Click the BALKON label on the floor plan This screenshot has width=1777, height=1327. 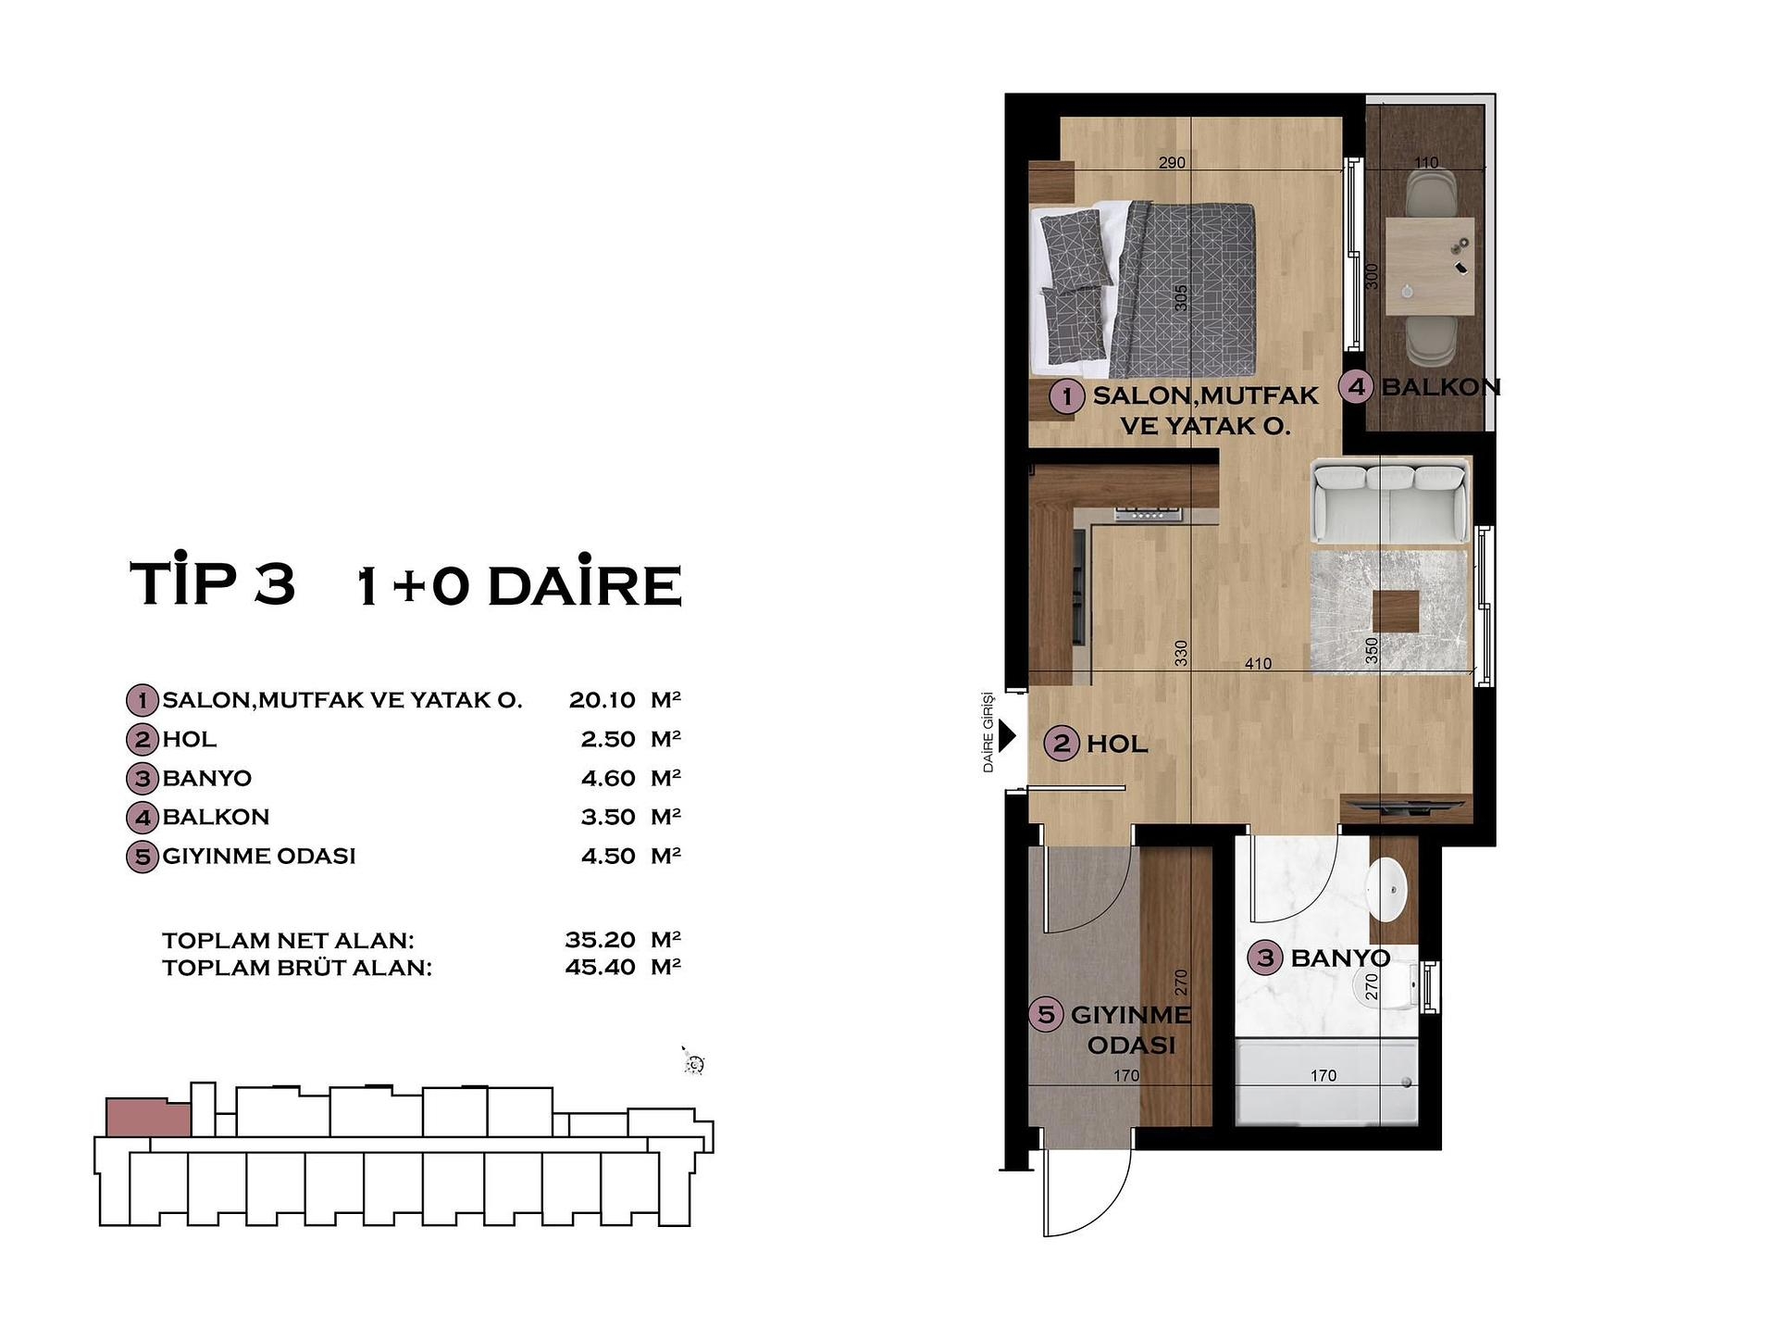(1439, 387)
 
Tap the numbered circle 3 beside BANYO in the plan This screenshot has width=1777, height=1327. (1265, 958)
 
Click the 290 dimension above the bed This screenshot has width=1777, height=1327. (1172, 163)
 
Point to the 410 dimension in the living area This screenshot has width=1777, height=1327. (1258, 664)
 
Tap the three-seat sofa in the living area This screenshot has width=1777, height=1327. (1389, 501)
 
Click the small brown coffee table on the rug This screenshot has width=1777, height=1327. (1395, 611)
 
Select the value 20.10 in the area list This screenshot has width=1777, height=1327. (603, 700)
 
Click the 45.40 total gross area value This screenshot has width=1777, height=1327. (600, 967)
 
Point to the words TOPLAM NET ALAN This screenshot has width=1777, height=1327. (288, 940)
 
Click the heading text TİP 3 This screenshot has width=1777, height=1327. (213, 583)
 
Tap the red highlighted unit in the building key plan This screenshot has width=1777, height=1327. (146, 1118)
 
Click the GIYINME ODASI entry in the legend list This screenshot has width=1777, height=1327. (259, 856)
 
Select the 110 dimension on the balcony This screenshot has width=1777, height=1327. (1426, 163)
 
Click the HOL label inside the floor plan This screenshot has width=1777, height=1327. (1117, 744)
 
